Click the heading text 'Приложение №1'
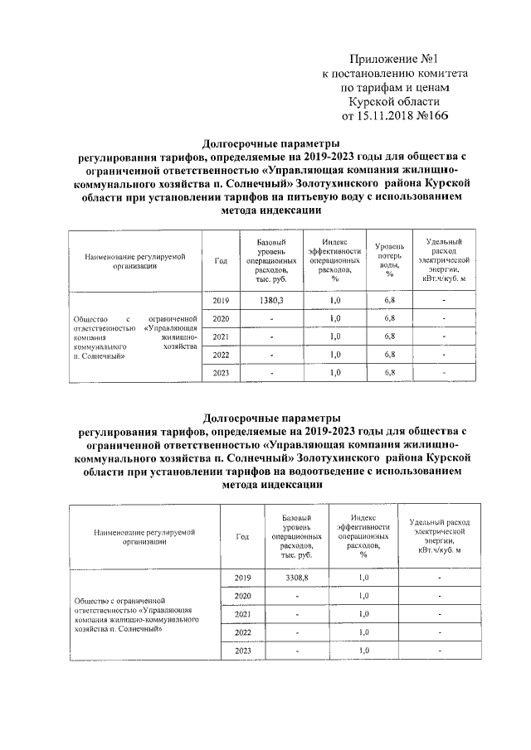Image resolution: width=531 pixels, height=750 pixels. [x=393, y=59]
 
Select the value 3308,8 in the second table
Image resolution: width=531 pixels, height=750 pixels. [x=295, y=577]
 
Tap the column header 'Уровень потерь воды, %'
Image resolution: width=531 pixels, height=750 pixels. [x=389, y=259]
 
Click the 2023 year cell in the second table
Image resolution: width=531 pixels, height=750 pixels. [x=242, y=651]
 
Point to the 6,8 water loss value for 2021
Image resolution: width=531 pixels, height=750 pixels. [x=389, y=336]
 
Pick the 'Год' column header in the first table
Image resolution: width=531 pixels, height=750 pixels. [x=221, y=260]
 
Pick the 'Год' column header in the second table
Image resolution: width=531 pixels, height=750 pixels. [x=242, y=536]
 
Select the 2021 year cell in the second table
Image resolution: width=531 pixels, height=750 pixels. [x=242, y=614]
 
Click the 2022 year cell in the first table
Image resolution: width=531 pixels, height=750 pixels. [x=221, y=355]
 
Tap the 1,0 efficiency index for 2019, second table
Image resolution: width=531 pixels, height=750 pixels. [x=363, y=577]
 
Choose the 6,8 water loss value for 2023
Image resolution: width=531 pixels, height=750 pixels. [x=389, y=373]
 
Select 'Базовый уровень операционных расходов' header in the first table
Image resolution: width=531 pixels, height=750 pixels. [x=270, y=259]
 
